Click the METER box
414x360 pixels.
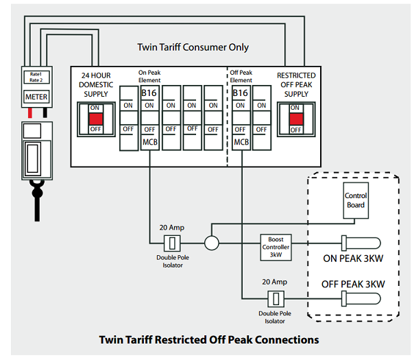[x=36, y=97]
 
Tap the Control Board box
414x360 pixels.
[x=356, y=200]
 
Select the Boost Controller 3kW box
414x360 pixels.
[x=277, y=246]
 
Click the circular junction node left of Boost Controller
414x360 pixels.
[x=211, y=242]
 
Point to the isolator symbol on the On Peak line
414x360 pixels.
[x=173, y=242]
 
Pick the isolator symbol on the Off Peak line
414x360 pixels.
[x=276, y=298]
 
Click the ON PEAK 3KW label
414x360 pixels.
[x=353, y=259]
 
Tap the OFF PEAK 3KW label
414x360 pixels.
[x=353, y=284]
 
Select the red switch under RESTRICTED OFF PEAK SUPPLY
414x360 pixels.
[x=295, y=119]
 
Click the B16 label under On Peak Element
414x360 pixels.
[x=149, y=93]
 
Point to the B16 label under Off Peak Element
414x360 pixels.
[x=241, y=93]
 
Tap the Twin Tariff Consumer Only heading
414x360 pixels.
[x=193, y=47]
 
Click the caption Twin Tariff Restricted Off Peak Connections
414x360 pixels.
[x=209, y=339]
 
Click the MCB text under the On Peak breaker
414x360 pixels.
[x=150, y=142]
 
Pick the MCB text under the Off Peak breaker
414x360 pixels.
[x=241, y=142]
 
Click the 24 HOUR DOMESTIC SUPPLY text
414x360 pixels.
[x=96, y=84]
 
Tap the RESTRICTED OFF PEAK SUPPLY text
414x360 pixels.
[x=296, y=84]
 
